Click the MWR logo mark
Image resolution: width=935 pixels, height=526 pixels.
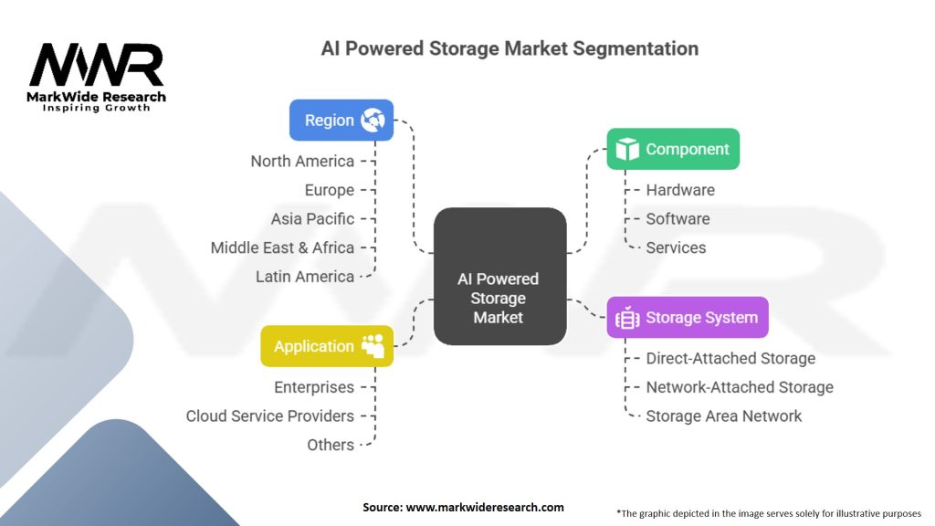[97, 66]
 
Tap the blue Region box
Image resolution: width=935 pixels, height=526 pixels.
[341, 120]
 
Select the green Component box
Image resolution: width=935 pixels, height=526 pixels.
[673, 149]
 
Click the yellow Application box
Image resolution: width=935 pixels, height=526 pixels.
[327, 346]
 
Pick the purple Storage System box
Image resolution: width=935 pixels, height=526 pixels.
[687, 318]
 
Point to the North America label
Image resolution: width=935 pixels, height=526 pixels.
[302, 162]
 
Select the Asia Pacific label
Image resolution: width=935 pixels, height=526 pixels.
[312, 219]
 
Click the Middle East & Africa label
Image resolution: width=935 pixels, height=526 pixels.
[282, 247]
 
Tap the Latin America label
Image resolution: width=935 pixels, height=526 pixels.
[304, 277]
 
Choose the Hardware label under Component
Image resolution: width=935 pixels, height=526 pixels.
[680, 190]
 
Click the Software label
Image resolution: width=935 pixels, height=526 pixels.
[678, 219]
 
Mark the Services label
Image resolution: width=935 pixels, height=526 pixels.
[676, 247]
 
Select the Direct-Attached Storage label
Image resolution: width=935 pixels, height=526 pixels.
[730, 359]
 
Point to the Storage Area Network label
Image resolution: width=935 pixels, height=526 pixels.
[723, 416]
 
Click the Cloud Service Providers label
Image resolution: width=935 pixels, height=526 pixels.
[269, 416]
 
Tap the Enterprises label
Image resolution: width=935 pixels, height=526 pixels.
[314, 387]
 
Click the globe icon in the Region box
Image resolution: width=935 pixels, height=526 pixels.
[373, 120]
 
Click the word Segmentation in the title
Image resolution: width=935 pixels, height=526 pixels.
[636, 48]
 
